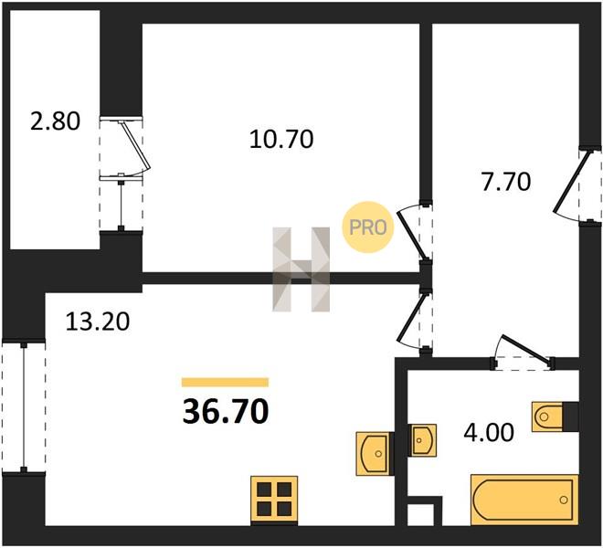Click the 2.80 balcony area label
pyautogui.click(x=56, y=121)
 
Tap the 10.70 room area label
pyautogui.click(x=281, y=139)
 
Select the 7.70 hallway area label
pyautogui.click(x=506, y=182)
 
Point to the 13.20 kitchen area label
pyautogui.click(x=98, y=321)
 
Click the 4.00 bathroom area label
pyautogui.click(x=489, y=432)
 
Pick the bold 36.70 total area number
pyautogui.click(x=226, y=412)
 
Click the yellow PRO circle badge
pyautogui.click(x=368, y=227)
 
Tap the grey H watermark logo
pyautogui.click(x=301, y=269)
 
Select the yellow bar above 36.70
pyautogui.click(x=226, y=383)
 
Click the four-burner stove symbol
pyautogui.click(x=274, y=499)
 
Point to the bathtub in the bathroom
pyautogui.click(x=524, y=500)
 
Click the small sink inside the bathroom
pyautogui.click(x=422, y=440)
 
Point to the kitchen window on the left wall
pyautogui.click(x=24, y=406)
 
